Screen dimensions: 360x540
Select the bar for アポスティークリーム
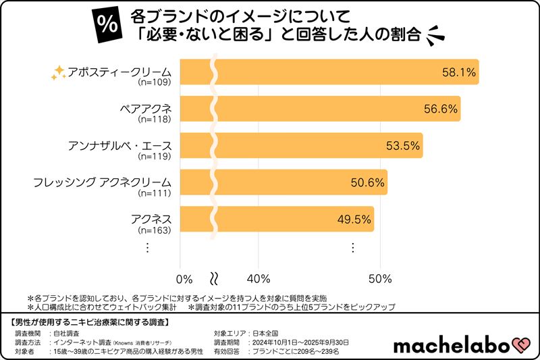click(331, 72)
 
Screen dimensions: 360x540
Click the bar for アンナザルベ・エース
click(304, 145)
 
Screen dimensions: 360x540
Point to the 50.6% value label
click(368, 182)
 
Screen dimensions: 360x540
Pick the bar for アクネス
click(283, 219)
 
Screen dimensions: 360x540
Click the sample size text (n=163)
click(155, 230)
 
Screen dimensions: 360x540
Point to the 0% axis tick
click(184, 278)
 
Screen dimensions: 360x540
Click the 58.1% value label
click(458, 72)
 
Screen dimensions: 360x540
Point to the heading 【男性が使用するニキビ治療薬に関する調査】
click(94, 320)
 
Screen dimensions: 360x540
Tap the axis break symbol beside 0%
click(215, 278)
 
